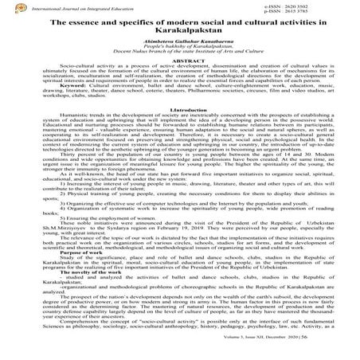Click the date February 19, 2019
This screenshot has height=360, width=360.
click(x=176, y=249)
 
